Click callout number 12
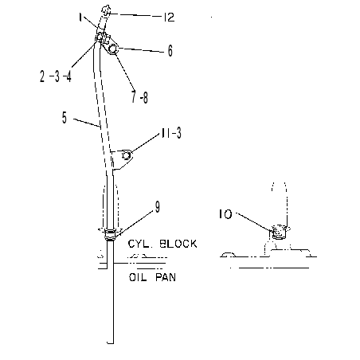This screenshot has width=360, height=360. pyautogui.click(x=169, y=18)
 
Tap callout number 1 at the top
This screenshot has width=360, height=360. pyautogui.click(x=80, y=18)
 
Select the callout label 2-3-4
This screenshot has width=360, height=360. pyautogui.click(x=56, y=76)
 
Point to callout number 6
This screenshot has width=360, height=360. pyautogui.click(x=170, y=50)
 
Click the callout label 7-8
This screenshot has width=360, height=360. pyautogui.click(x=140, y=97)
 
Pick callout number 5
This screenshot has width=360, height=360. pyautogui.click(x=65, y=118)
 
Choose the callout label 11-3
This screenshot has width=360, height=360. pyautogui.click(x=171, y=133)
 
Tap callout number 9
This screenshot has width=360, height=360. pyautogui.click(x=158, y=207)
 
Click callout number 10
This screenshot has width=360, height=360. pyautogui.click(x=225, y=214)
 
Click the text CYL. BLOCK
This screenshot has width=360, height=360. pyautogui.click(x=162, y=244)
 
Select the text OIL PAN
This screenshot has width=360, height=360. pyautogui.click(x=152, y=277)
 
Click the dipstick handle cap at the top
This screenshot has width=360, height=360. pyautogui.click(x=105, y=11)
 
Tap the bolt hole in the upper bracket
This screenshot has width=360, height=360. pyautogui.click(x=112, y=49)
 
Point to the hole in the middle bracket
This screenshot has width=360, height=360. pyautogui.click(x=126, y=155)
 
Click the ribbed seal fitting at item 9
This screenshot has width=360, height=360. pyautogui.click(x=110, y=235)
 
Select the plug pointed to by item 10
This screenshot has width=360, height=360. pyautogui.click(x=279, y=232)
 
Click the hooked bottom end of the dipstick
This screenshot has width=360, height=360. pyautogui.click(x=111, y=342)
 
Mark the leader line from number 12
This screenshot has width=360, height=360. pyautogui.click(x=135, y=15)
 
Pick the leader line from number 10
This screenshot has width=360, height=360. pyautogui.click(x=254, y=221)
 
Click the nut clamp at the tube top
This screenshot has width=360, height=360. pyautogui.click(x=101, y=37)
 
